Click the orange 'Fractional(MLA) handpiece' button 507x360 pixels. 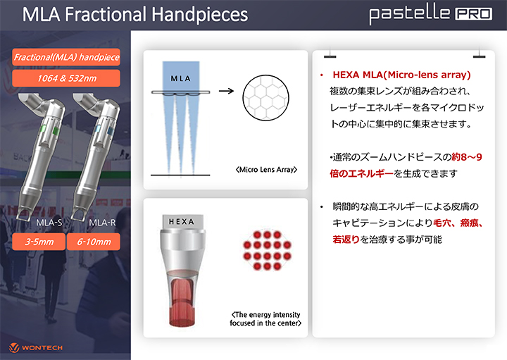(66, 57)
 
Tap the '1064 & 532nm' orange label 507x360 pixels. (66, 78)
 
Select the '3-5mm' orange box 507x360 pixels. (39, 242)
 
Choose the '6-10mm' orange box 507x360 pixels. (94, 242)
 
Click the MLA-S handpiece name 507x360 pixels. (49, 223)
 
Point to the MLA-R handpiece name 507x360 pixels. (102, 223)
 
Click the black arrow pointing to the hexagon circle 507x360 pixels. (226, 91)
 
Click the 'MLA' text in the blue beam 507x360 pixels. (181, 79)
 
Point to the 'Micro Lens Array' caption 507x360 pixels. (266, 170)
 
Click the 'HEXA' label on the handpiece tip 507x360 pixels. (182, 221)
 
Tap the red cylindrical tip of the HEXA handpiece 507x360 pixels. (182, 302)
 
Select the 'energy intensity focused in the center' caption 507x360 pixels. (265, 318)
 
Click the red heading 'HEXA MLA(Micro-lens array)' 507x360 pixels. (401, 75)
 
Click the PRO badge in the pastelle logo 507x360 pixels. (474, 14)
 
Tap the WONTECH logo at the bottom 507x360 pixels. (36, 348)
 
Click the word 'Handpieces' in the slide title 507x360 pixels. (199, 15)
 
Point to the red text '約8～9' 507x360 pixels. (467, 157)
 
